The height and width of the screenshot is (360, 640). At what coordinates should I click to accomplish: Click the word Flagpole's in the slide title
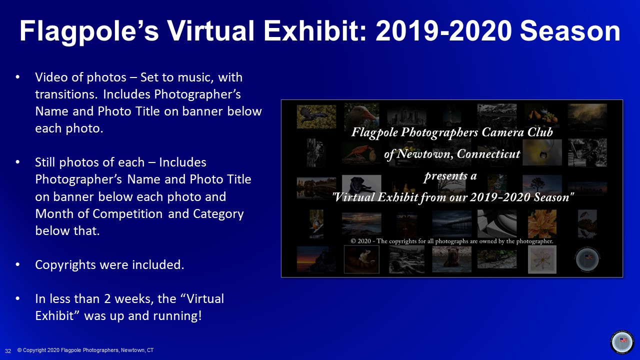(x=89, y=31)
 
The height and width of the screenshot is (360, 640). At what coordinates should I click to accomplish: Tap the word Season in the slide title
(x=570, y=31)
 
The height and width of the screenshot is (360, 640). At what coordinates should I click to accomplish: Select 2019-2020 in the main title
(x=443, y=31)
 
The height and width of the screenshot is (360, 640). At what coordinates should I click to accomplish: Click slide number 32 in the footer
(x=8, y=351)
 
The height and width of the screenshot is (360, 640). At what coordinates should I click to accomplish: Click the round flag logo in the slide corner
(x=622, y=341)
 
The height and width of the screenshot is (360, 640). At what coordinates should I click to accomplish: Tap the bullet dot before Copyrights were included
(x=17, y=265)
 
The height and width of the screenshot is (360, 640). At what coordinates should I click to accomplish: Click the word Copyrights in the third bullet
(x=65, y=265)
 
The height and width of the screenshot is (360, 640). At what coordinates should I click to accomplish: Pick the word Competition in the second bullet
(x=127, y=214)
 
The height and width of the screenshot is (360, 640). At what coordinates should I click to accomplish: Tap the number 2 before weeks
(x=107, y=299)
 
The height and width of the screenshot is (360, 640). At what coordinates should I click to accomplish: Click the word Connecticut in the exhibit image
(x=488, y=154)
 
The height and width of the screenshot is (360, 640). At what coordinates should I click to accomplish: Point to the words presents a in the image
(x=450, y=175)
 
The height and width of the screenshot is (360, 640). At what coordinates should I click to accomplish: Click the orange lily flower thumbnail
(x=542, y=223)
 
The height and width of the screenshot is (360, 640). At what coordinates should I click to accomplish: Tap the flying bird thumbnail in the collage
(x=316, y=116)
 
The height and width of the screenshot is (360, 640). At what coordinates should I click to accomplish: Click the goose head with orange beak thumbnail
(x=361, y=115)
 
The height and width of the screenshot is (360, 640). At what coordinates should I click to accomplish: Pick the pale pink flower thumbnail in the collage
(x=542, y=259)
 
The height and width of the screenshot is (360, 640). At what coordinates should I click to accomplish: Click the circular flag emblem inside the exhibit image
(x=587, y=259)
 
